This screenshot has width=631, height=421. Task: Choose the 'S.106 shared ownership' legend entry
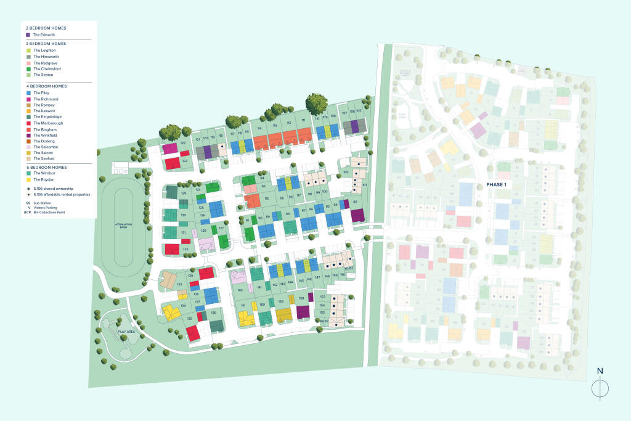(x=55, y=187)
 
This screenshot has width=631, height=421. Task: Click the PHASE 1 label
(x=496, y=185)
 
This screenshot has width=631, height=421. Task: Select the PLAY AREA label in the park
(x=126, y=332)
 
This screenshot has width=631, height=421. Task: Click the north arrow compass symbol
(x=600, y=387)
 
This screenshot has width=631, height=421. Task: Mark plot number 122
(x=183, y=143)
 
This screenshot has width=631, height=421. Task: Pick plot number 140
(x=240, y=290)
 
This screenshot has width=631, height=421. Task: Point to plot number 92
(x=267, y=198)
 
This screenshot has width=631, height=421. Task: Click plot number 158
(x=301, y=299)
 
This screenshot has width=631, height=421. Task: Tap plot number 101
(x=365, y=185)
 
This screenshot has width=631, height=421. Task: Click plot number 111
(x=303, y=121)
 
